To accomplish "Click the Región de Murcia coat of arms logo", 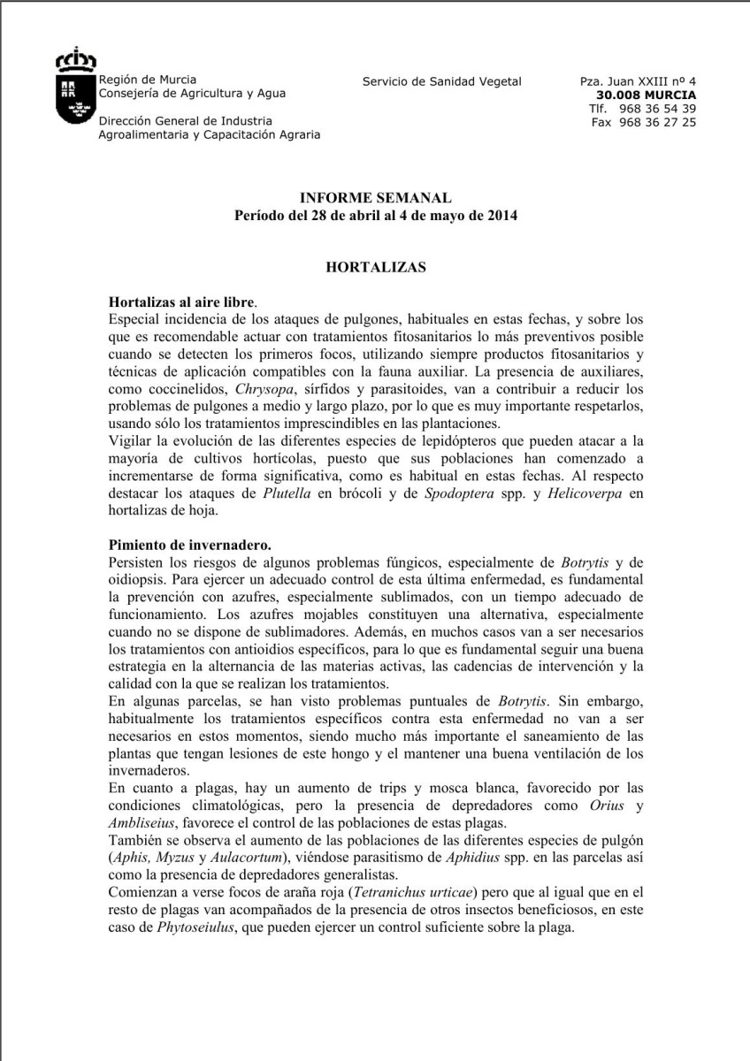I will [x=75, y=90].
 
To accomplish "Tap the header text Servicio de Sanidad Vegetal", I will [x=442, y=81].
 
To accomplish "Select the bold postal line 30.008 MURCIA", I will [x=646, y=95].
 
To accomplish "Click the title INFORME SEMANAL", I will [x=375, y=198].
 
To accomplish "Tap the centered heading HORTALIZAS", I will [x=375, y=266].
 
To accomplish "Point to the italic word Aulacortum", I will [x=263, y=856].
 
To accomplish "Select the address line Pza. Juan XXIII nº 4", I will [x=638, y=81].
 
